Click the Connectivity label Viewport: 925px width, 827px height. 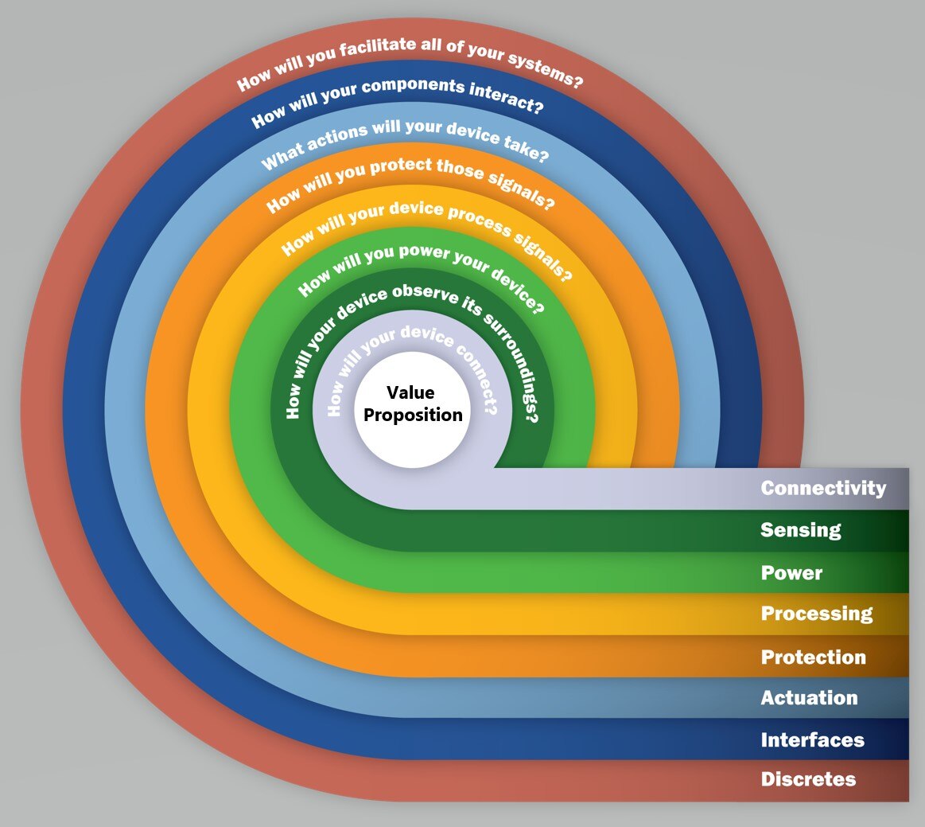(823, 488)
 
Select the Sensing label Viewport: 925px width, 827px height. (800, 530)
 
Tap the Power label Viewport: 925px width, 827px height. (791, 572)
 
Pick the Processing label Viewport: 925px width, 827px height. (817, 614)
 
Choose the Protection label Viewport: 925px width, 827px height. (813, 657)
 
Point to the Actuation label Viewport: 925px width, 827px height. (809, 698)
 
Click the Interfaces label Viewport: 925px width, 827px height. (812, 739)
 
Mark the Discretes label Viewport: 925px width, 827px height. (808, 779)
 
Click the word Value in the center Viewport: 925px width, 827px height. (410, 392)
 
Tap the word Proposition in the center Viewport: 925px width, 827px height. (413, 415)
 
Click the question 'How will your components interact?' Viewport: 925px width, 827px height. (398, 99)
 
